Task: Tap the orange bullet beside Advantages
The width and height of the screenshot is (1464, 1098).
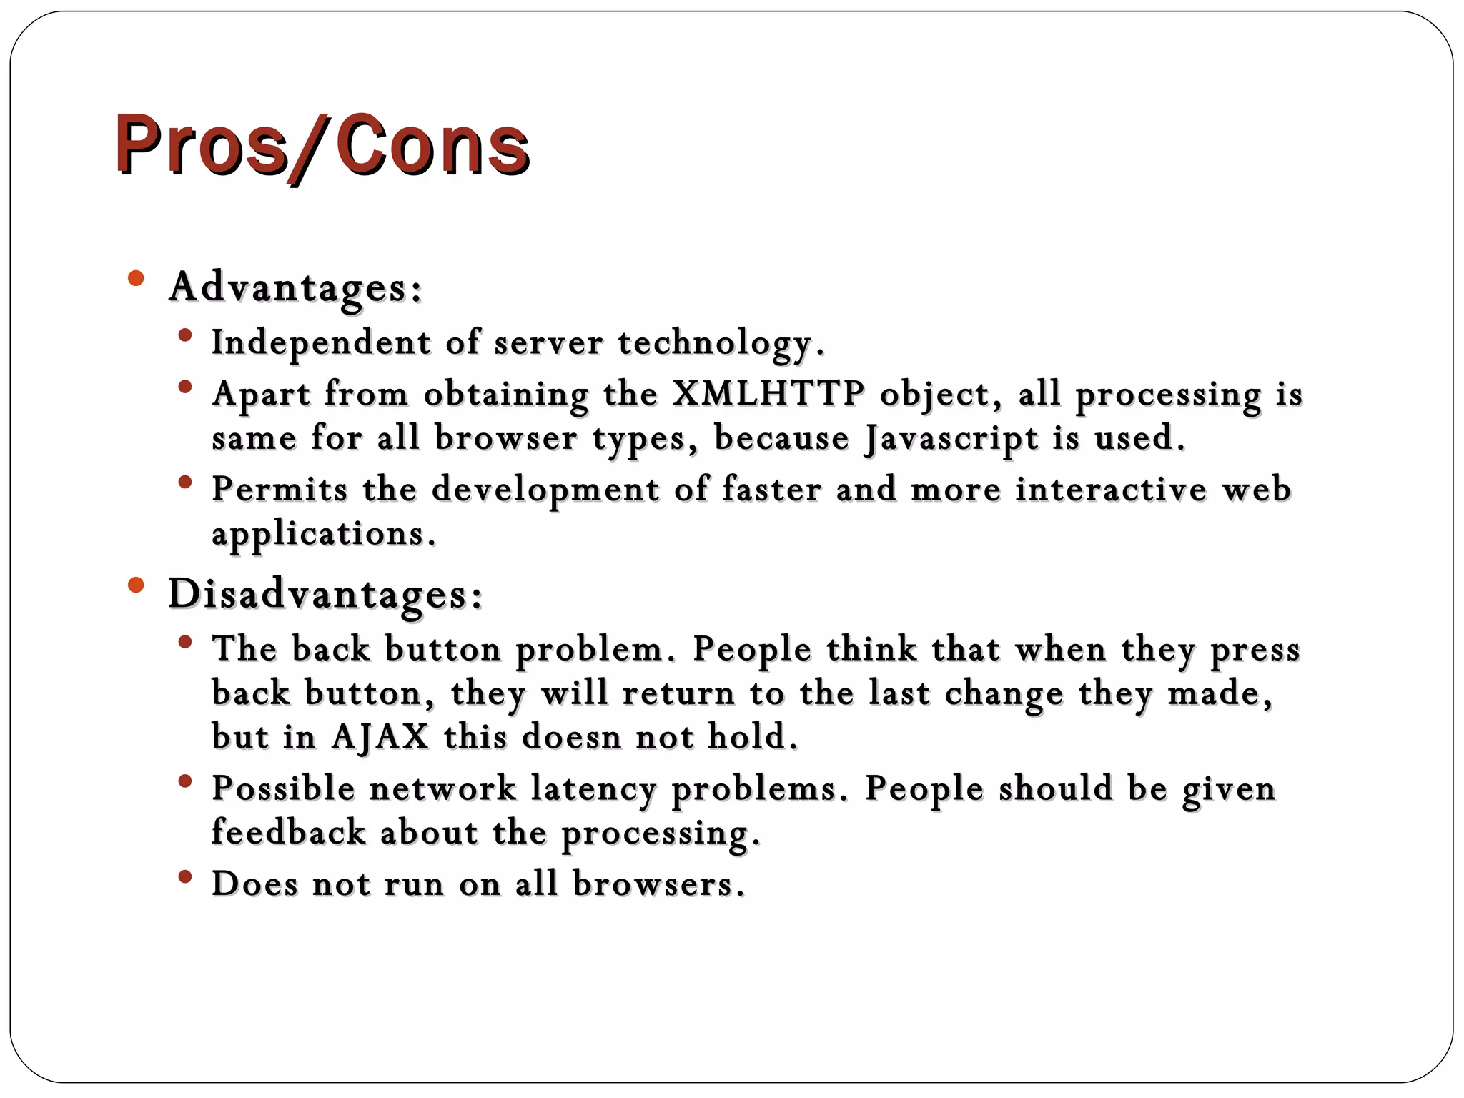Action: click(136, 278)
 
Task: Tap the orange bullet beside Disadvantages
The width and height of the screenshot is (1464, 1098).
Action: click(136, 585)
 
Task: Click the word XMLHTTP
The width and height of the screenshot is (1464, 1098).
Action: click(768, 393)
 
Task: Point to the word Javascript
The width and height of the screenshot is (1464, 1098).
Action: click(951, 438)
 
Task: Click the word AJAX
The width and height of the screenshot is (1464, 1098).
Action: click(380, 736)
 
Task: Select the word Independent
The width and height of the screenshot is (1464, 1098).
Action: click(321, 342)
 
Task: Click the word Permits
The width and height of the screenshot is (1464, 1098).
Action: click(280, 490)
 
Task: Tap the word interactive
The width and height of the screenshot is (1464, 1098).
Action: click(1111, 490)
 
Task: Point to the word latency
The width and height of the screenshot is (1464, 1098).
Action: click(593, 788)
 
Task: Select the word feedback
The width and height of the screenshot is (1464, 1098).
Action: click(288, 833)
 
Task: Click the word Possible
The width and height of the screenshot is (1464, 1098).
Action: click(283, 788)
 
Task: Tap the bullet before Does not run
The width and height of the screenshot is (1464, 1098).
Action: click(185, 876)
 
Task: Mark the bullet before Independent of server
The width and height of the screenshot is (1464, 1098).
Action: click(185, 335)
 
